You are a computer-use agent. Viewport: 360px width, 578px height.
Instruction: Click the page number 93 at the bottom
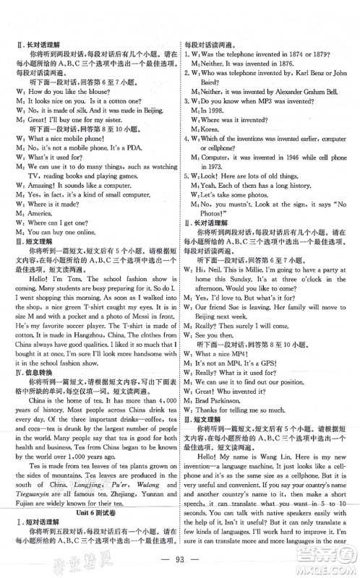[x=179, y=558]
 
